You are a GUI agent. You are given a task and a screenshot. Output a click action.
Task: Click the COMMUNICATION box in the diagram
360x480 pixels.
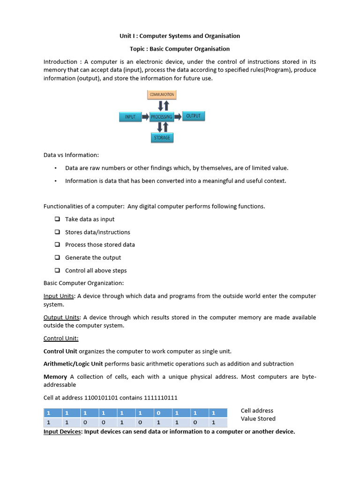click(x=162, y=95)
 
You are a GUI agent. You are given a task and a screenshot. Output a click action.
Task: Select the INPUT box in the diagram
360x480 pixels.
click(x=130, y=117)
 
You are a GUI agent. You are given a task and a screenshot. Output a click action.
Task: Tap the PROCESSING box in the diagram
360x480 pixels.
click(x=162, y=117)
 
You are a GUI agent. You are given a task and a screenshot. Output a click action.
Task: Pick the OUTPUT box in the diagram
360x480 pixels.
click(x=193, y=116)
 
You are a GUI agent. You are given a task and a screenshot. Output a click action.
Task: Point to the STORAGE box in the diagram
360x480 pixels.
click(x=162, y=137)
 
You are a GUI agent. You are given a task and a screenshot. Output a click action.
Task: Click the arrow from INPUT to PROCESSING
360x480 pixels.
click(x=145, y=117)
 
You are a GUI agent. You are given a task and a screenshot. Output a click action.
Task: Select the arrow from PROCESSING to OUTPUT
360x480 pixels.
click(x=177, y=116)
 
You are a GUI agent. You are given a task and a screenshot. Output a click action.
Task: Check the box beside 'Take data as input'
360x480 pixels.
click(x=57, y=219)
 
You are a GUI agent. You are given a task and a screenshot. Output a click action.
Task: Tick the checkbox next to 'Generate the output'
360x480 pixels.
click(x=57, y=257)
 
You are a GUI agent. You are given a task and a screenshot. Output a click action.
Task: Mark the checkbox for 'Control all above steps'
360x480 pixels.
click(x=57, y=270)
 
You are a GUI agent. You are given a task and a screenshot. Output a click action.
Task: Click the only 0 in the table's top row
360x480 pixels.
click(x=158, y=413)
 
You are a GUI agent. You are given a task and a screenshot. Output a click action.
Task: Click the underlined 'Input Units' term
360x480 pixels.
click(x=59, y=296)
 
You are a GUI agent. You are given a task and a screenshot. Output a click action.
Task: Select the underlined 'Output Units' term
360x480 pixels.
click(x=61, y=317)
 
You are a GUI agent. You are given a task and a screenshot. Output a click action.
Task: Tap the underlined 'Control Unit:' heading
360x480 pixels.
click(x=61, y=338)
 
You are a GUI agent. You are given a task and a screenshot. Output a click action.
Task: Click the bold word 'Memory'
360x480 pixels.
click(x=55, y=377)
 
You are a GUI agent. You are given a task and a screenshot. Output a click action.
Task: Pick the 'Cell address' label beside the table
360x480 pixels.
click(x=257, y=411)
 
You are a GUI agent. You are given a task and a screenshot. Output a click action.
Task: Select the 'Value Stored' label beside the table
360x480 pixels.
click(x=258, y=419)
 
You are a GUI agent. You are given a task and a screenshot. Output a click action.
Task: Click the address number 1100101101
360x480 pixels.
click(x=101, y=397)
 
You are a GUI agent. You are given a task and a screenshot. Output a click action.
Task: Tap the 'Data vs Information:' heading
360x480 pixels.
click(x=71, y=155)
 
